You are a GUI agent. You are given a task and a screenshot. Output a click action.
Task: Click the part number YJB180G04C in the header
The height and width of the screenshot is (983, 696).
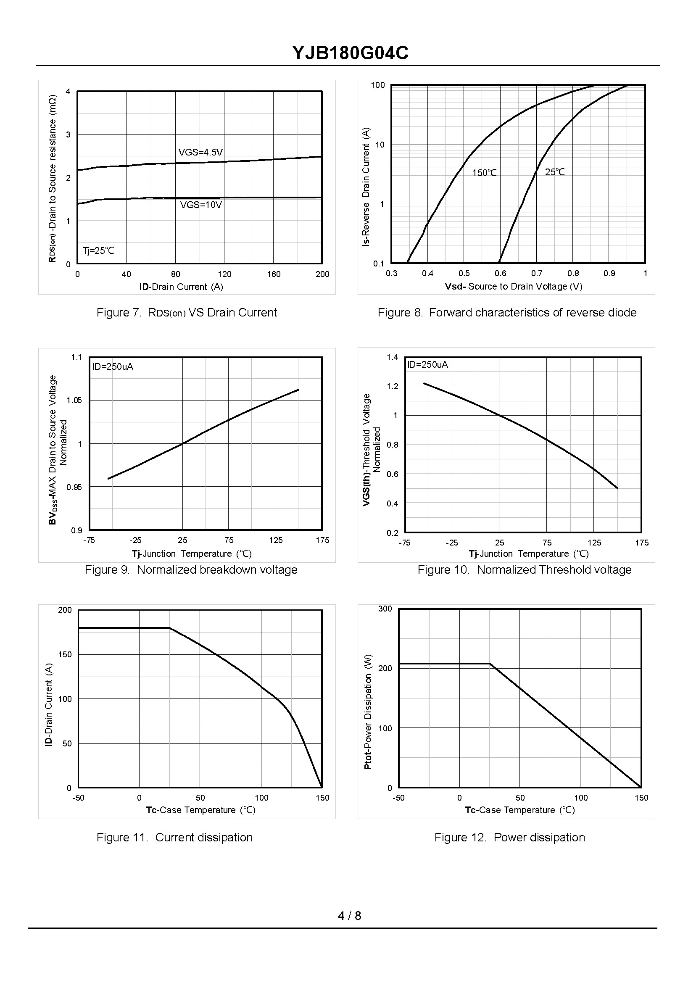click(x=350, y=53)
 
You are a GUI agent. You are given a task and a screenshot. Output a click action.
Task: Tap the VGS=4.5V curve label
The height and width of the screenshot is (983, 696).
click(x=200, y=152)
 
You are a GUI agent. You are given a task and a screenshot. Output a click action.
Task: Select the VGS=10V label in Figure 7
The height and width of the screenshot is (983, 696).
click(x=201, y=205)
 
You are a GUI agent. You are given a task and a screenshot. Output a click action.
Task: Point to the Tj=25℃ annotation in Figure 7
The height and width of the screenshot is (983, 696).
click(x=99, y=250)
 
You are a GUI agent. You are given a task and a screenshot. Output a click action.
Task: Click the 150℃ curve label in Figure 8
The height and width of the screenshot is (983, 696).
click(x=484, y=173)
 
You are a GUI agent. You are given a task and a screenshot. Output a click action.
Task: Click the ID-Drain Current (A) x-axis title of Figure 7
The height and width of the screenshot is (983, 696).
click(x=181, y=287)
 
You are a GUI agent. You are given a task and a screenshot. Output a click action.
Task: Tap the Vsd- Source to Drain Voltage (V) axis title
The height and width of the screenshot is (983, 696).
click(x=514, y=286)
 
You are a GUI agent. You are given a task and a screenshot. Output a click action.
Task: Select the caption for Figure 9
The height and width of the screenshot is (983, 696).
click(x=191, y=570)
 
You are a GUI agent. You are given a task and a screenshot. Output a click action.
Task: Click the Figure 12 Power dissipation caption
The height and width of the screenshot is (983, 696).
click(x=509, y=837)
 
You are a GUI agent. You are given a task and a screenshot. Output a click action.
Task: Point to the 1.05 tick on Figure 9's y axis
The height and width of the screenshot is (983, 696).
click(x=74, y=400)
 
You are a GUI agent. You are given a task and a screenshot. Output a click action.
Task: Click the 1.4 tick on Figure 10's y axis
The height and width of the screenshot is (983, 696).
click(x=392, y=357)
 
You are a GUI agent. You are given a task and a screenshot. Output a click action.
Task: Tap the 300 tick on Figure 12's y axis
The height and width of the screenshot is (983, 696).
click(x=385, y=609)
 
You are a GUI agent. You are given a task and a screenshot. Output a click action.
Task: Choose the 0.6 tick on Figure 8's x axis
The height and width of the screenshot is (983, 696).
click(x=500, y=274)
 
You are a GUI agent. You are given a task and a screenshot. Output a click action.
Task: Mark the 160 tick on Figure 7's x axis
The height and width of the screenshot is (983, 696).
click(x=274, y=274)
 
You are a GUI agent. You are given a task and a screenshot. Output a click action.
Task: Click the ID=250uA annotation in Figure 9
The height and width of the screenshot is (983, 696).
click(x=113, y=366)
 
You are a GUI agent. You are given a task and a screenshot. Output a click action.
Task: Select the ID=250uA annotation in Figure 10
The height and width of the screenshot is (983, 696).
click(x=427, y=365)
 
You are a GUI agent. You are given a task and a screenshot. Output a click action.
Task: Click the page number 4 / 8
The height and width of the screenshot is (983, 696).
click(x=349, y=916)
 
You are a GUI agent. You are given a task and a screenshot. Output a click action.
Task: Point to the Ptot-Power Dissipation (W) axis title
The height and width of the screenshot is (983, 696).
click(x=368, y=712)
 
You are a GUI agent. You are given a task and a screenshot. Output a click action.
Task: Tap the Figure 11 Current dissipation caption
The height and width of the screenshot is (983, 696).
click(x=174, y=837)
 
